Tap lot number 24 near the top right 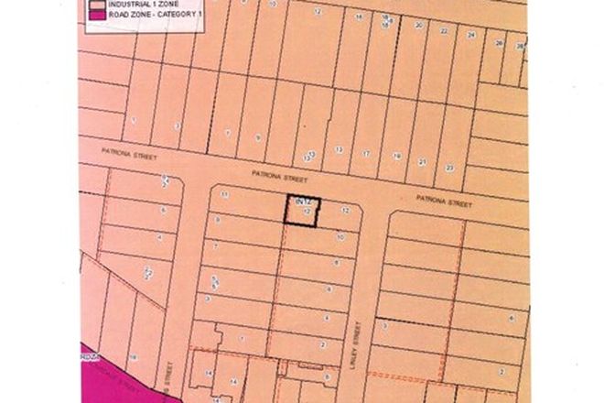tap(470, 35)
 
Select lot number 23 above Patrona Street tap(449, 168)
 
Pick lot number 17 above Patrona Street tap(366, 154)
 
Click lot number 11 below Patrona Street tap(224, 195)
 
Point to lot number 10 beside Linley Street tap(340, 236)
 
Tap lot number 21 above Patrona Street tap(422, 162)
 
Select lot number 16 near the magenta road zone tap(133, 357)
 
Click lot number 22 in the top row tap(444, 30)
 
